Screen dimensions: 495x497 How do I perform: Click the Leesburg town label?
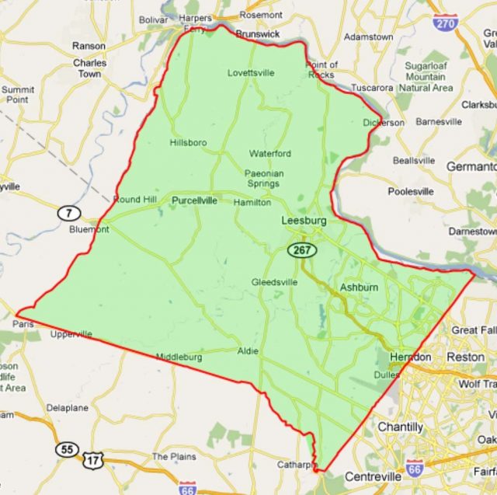tap(304, 221)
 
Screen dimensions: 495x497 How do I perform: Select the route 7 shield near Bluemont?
tap(70, 212)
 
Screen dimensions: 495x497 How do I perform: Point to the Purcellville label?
tap(194, 200)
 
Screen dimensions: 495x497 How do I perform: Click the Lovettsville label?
tap(251, 73)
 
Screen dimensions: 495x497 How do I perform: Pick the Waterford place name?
tap(269, 153)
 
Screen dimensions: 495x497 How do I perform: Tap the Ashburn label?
tap(359, 288)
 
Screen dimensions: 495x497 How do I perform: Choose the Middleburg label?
tap(179, 357)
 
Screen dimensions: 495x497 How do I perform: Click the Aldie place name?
tap(248, 350)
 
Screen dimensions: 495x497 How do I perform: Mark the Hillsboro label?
tap(189, 142)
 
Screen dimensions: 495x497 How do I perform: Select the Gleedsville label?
tap(274, 282)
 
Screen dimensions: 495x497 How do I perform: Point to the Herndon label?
tap(410, 357)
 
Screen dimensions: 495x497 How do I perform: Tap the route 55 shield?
tap(66, 449)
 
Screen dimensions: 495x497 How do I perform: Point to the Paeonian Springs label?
tap(262, 178)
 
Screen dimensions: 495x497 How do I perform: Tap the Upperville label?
tap(71, 335)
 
